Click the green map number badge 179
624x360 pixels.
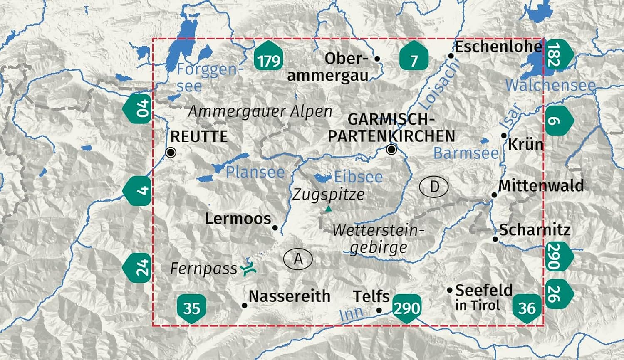pos(269,60)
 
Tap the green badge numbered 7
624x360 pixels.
pos(414,60)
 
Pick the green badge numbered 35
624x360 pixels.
pos(192,308)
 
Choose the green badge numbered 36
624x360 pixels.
pos(527,308)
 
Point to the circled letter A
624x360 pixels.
pos(298,259)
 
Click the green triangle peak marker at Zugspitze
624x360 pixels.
pos(329,208)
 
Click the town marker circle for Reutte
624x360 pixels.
pos(171,153)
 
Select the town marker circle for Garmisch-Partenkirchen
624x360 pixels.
pos(391,149)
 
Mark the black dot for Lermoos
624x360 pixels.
pos(275,227)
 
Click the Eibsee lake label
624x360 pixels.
pos(358,177)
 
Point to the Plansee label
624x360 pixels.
pos(255,172)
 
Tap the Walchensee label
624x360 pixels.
pos(550,85)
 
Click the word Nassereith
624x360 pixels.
pos(290,296)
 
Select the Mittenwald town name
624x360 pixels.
pos(541,185)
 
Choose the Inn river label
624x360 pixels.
pos(351,313)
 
